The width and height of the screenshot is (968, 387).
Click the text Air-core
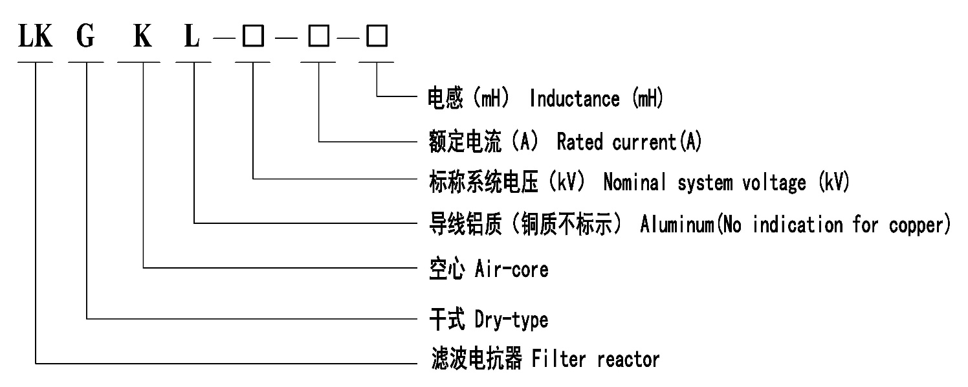(511, 269)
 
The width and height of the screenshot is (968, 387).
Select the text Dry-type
(511, 319)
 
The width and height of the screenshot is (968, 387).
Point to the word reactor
(628, 359)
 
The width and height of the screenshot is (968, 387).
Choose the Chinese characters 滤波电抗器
(476, 359)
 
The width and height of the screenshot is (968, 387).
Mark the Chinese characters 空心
(446, 269)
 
